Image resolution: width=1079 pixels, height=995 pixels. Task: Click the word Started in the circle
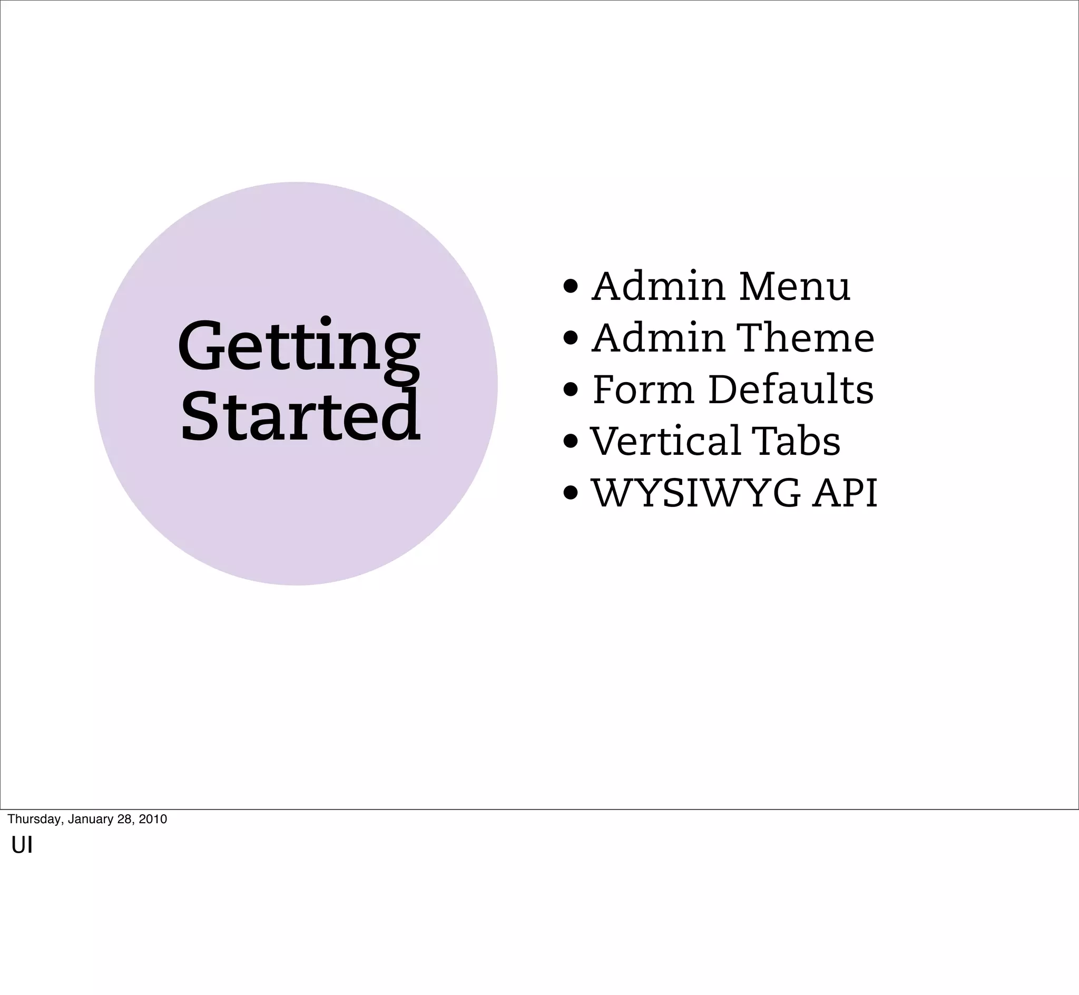click(300, 416)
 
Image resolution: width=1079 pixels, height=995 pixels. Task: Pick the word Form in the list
click(643, 389)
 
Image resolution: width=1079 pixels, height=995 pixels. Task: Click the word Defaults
click(791, 389)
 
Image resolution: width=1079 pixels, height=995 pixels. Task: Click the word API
click(845, 493)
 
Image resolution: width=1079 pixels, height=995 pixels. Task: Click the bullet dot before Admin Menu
click(571, 287)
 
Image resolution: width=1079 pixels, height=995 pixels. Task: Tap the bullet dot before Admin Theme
click(571, 339)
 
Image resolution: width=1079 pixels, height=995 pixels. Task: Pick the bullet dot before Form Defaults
click(571, 391)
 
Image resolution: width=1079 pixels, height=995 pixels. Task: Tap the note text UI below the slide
click(22, 846)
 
